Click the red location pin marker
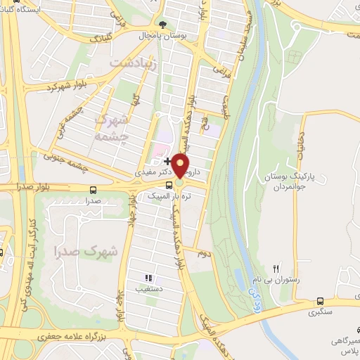point(181,166)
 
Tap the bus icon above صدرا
point(93,189)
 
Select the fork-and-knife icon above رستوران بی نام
point(276,268)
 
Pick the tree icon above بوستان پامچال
point(163,25)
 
